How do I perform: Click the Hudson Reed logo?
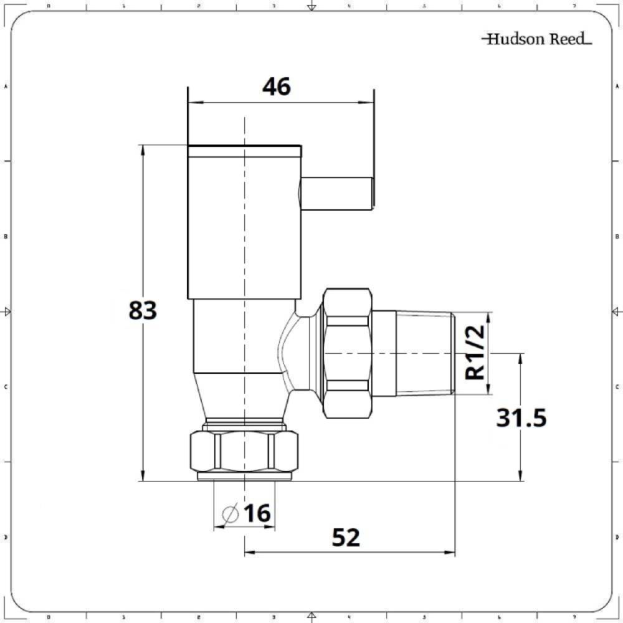click(536, 39)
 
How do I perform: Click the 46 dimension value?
click(276, 87)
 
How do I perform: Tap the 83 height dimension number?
click(143, 310)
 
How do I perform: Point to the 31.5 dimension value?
click(521, 418)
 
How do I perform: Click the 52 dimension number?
click(346, 537)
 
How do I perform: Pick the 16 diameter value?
click(257, 514)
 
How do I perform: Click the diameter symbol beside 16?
click(229, 515)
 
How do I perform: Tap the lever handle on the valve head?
click(336, 193)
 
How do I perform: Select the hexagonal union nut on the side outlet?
click(347, 353)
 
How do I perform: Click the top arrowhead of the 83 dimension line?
click(143, 150)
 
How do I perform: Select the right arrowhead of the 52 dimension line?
click(451, 552)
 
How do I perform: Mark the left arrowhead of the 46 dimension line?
click(192, 103)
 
